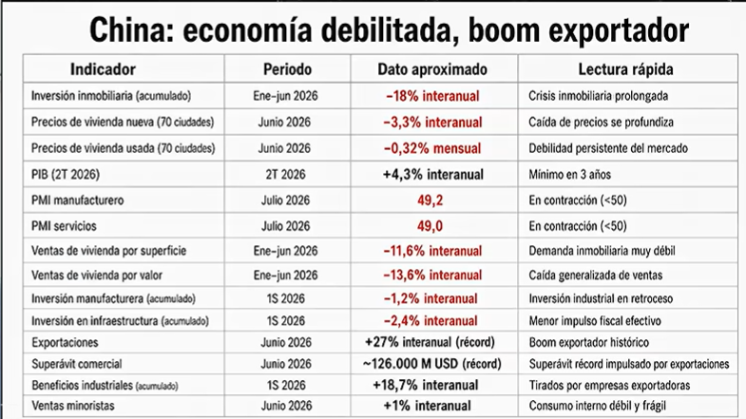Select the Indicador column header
[x=103, y=69]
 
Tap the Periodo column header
[x=287, y=69]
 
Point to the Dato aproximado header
[x=432, y=69]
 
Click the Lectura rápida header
[x=625, y=69]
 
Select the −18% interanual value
[x=432, y=96]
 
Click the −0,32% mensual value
[x=432, y=148]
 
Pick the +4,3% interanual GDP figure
[x=433, y=175]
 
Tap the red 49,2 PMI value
[x=430, y=200]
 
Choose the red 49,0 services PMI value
[x=430, y=226]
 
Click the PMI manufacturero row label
[x=78, y=200]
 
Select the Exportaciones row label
[x=65, y=342]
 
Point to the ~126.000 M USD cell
[x=432, y=364]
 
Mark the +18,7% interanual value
[x=426, y=385]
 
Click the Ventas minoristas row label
[x=73, y=406]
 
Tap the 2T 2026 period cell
[x=285, y=175]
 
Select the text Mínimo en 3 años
[x=570, y=175]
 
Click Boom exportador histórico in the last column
[x=589, y=342]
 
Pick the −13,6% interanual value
[x=432, y=275]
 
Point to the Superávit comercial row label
[x=77, y=364]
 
